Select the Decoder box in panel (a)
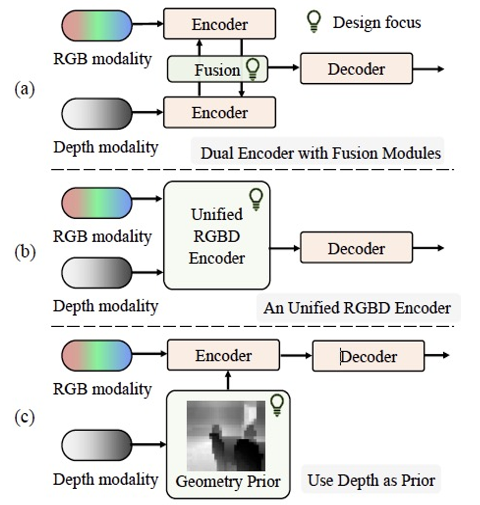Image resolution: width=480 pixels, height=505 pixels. [356, 69]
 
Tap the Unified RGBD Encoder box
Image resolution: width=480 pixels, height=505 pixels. [216, 235]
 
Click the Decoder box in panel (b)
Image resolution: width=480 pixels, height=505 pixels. [356, 247]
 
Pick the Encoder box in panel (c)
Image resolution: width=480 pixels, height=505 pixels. [223, 356]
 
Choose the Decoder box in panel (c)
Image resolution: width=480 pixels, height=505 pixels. [368, 356]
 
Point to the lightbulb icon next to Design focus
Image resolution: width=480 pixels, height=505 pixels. [313, 22]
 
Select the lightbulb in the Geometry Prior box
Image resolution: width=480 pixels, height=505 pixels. [277, 404]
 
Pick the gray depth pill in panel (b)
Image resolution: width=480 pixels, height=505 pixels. [96, 272]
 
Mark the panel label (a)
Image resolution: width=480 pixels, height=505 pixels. [26, 89]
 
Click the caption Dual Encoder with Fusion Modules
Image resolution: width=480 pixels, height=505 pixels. [320, 153]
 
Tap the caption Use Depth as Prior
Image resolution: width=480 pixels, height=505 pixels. [371, 481]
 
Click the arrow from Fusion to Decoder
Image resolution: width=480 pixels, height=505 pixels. [283, 68]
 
